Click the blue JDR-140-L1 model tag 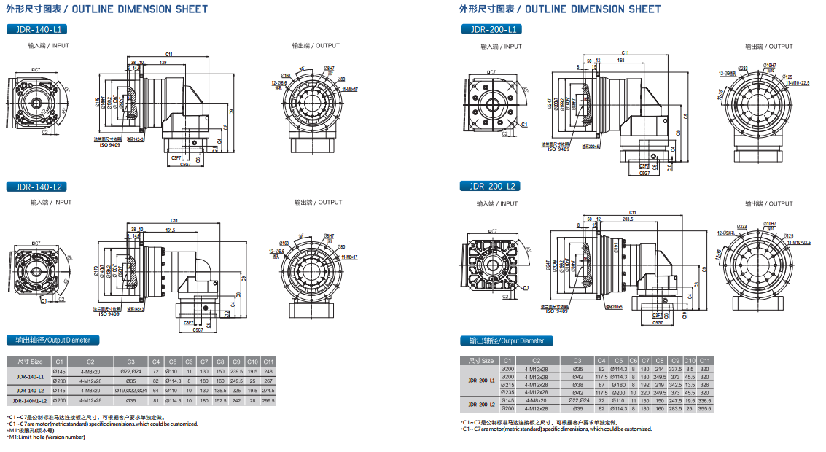(x=36, y=29)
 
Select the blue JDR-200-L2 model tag (x=490, y=186)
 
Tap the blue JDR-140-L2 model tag (x=36, y=187)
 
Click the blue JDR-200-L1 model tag (x=490, y=29)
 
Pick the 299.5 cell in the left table (x=269, y=400)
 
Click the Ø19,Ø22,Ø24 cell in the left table (x=130, y=391)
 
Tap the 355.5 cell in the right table (x=705, y=408)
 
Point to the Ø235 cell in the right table (x=507, y=392)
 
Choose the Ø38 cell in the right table (x=577, y=384)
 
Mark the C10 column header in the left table (x=252, y=361)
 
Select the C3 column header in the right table (x=577, y=360)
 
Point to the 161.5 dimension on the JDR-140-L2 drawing (x=169, y=230)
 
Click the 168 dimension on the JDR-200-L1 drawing (x=620, y=60)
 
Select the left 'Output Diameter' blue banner (x=52, y=340)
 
